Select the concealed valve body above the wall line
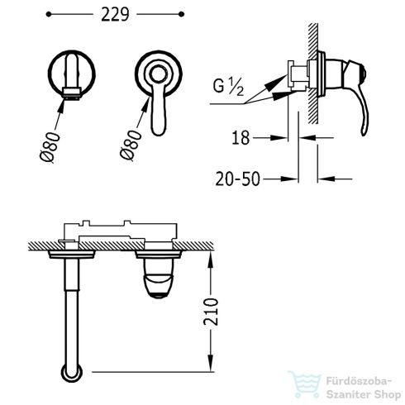121,232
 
